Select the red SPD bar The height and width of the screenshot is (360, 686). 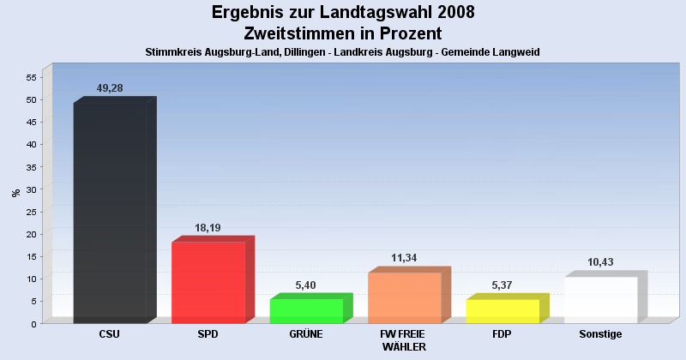pos(208,282)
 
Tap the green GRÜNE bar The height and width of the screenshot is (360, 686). pos(306,310)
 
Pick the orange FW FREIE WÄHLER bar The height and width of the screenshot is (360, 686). pos(404,297)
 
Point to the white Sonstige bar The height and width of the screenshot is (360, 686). pos(600,299)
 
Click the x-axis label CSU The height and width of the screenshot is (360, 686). pos(110,333)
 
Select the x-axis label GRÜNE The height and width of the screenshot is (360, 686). pos(306,333)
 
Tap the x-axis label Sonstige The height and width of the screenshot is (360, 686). pos(600,333)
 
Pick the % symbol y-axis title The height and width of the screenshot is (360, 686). pos(16,193)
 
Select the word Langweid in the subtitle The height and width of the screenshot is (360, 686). pos(514,52)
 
